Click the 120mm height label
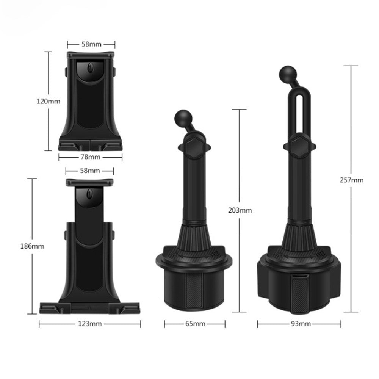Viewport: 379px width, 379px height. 48,101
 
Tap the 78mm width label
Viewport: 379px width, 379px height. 91,157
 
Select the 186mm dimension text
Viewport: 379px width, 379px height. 32,246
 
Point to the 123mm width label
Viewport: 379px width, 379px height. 90,324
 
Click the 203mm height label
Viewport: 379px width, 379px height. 240,210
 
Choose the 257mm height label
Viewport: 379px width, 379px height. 351,180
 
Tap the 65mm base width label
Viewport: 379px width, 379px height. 195,324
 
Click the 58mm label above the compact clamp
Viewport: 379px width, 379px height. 91,44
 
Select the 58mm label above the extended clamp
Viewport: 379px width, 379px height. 90,171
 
